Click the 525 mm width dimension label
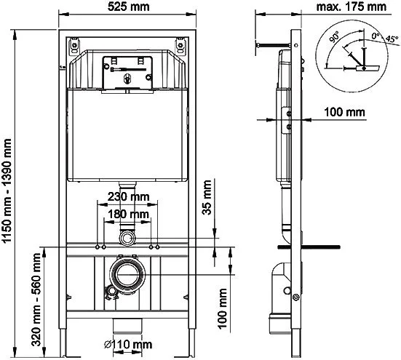128,7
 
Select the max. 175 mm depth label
351,7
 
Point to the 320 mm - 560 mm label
36,300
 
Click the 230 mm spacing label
128,197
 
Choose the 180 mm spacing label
128,214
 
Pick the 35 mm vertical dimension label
207,198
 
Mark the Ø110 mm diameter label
128,345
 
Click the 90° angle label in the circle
334,37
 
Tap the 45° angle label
392,39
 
